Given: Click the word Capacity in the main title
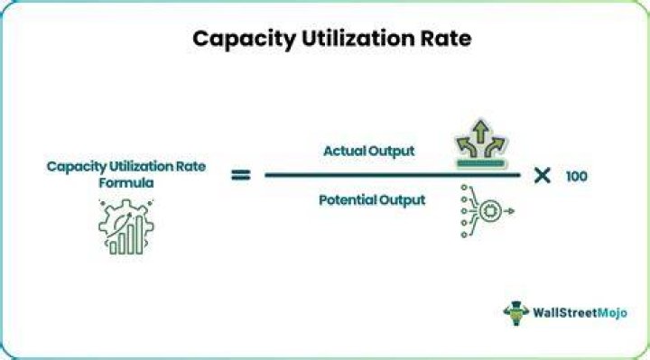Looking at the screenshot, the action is tap(244, 40).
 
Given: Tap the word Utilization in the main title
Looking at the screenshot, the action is tap(357, 39).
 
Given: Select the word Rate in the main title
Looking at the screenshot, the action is tap(446, 39).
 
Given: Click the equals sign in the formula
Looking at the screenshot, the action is tap(241, 175).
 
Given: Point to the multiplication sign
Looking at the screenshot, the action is tap(543, 176).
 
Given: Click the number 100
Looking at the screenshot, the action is tap(576, 177).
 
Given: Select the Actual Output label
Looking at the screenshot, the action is tap(368, 152).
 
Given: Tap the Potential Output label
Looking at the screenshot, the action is tap(372, 200).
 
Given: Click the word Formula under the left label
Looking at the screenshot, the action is tap(126, 182).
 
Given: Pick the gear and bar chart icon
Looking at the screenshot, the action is tap(126, 227).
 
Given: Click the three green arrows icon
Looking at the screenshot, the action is tap(480, 143).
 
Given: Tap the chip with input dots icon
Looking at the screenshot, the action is tap(487, 211).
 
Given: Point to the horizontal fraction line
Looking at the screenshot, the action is tap(392, 175).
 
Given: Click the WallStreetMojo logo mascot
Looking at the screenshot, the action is tap(515, 313).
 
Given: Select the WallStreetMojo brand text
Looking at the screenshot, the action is tap(580, 313).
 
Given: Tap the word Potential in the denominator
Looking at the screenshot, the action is tap(347, 199).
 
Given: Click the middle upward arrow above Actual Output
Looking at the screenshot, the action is tap(480, 132).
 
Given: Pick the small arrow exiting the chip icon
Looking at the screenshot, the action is tap(509, 211).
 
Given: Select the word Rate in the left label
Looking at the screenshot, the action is tap(190, 167).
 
